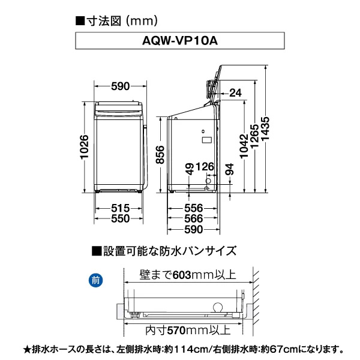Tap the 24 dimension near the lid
235,92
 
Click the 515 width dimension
121,207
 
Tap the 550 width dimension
121,219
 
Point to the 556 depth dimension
193,207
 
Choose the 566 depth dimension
193,219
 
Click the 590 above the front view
120,86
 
